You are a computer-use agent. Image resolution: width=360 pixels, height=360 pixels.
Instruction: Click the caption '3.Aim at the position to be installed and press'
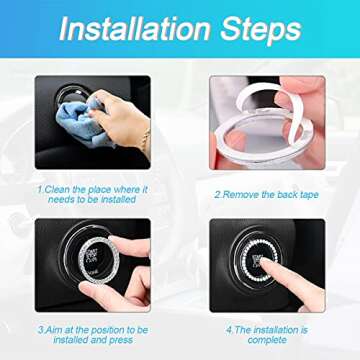[x=93, y=332]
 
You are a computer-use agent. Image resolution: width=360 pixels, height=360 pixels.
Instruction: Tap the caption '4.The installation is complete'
[x=266, y=332]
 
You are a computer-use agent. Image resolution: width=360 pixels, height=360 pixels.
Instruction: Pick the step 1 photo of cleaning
[x=92, y=122]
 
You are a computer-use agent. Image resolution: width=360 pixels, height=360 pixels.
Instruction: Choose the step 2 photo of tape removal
[x=266, y=122]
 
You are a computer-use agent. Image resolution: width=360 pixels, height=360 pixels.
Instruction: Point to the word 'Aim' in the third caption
[x=49, y=326]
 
